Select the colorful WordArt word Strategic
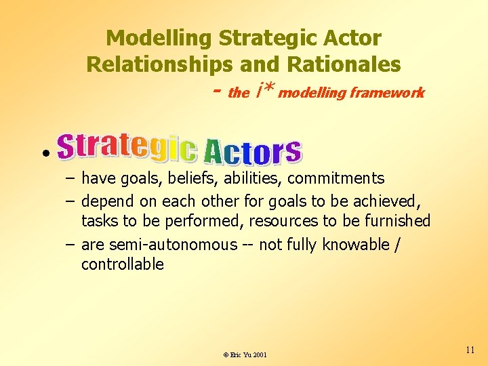pos(127,147)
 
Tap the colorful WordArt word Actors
pos(252,151)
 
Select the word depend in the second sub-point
pos(108,201)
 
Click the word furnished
pos(397,221)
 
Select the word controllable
pos(123,264)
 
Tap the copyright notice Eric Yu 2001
pos(245,354)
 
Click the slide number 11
pos(470,350)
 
